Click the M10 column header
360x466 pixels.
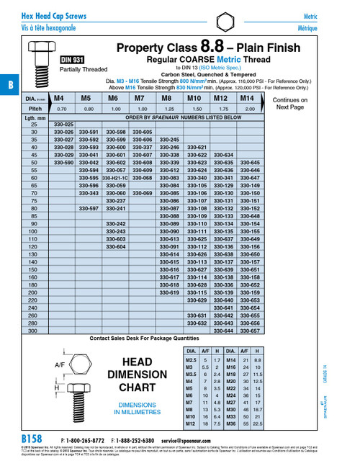[194, 97]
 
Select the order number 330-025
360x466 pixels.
[63, 125]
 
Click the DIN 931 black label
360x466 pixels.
[73, 60]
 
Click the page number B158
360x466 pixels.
[32, 439]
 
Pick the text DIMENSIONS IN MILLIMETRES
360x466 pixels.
[137, 409]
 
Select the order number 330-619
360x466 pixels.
[168, 293]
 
